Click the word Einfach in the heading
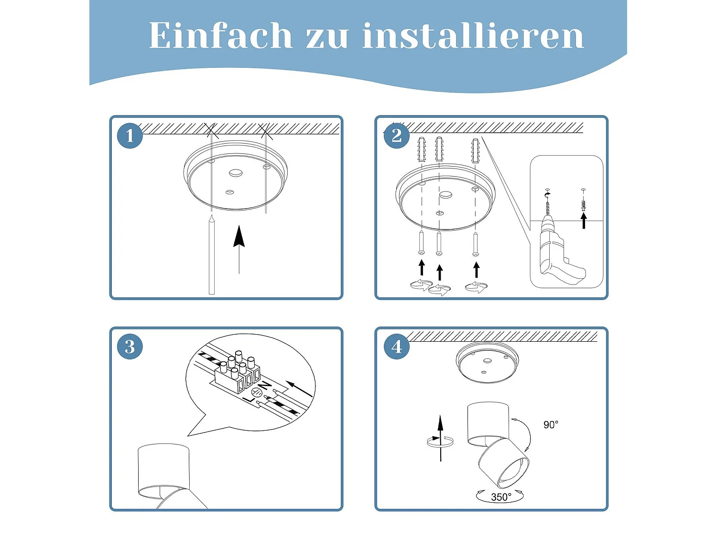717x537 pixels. [x=220, y=35]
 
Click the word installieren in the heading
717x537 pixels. [x=473, y=35]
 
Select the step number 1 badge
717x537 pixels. [x=130, y=136]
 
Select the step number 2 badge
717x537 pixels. [x=397, y=136]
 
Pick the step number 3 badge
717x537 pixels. [x=130, y=347]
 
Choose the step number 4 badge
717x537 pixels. [x=397, y=347]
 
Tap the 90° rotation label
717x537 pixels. [x=551, y=424]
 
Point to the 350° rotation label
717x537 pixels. [x=501, y=497]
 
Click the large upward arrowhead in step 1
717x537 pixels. [x=239, y=236]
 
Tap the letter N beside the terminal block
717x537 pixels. [x=265, y=386]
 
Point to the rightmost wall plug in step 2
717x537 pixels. [x=475, y=151]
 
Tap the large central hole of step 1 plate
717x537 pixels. [x=236, y=173]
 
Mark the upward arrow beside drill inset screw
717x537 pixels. [x=584, y=221]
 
